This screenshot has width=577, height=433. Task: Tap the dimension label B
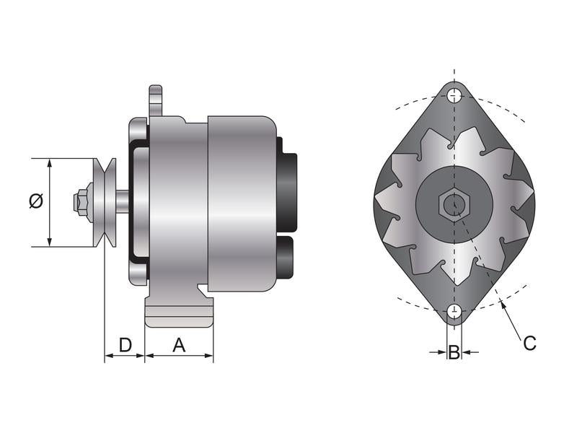tap(454, 352)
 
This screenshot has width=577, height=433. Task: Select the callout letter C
tap(529, 344)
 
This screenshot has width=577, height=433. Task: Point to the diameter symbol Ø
tap(36, 201)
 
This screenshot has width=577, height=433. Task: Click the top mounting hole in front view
tap(454, 95)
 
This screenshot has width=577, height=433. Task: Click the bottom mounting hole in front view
tap(454, 311)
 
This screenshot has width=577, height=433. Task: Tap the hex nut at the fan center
tap(452, 205)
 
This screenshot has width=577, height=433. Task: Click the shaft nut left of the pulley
tap(82, 202)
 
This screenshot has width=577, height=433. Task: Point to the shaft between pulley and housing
tap(125, 202)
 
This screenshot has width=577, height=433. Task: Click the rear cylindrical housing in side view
tap(242, 202)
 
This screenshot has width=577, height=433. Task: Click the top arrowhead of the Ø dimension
tap(49, 163)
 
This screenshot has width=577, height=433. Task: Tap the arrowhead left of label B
tap(442, 352)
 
